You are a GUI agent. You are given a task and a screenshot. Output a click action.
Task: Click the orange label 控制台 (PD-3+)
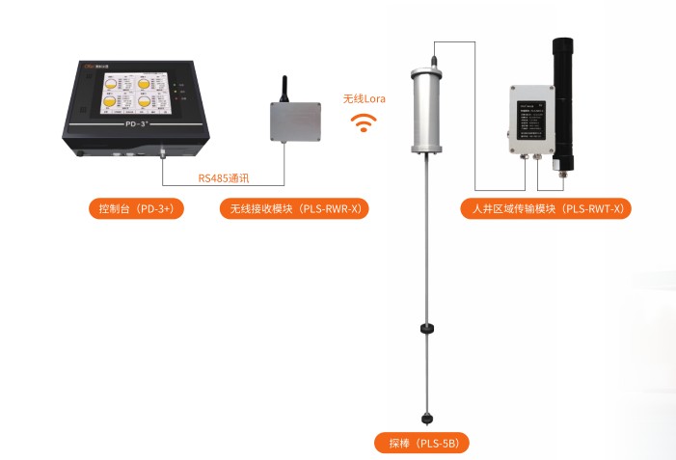point(135,208)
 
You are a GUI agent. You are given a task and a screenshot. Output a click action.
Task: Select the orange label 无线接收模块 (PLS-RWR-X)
point(294,208)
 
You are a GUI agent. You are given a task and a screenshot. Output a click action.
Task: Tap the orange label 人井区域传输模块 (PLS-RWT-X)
point(545,208)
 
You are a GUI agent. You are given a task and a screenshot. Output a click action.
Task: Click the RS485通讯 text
point(224,176)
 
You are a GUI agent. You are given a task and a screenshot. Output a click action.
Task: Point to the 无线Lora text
point(364,98)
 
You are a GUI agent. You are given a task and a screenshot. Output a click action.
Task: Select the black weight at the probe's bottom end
point(426,419)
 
